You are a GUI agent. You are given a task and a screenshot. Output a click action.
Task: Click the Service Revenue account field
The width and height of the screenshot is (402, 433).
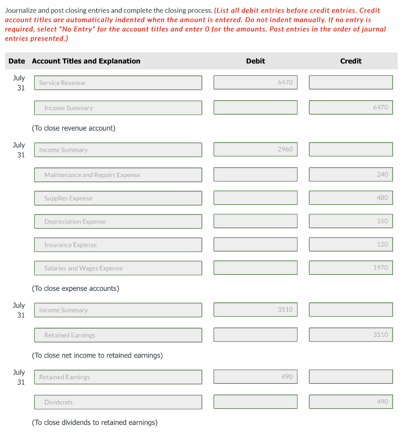(118, 83)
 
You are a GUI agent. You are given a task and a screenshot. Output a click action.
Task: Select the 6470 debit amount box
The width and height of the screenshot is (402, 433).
(255, 82)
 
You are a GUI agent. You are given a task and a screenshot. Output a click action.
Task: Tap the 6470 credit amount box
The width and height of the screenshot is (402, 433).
(350, 107)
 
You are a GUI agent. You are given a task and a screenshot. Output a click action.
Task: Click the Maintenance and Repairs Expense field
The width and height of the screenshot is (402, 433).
(118, 175)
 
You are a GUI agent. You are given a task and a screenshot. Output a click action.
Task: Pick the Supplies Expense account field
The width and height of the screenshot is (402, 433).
(118, 198)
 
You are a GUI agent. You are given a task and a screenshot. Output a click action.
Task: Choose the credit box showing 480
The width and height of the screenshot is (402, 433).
(350, 198)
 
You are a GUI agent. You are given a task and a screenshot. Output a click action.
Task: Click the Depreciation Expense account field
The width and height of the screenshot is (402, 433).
(118, 222)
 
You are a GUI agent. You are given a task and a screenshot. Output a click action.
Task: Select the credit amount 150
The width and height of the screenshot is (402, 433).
(350, 221)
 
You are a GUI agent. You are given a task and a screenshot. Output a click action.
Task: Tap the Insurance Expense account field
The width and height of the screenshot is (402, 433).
(118, 245)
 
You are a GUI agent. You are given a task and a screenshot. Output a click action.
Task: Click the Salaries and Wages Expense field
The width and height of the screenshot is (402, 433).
(118, 268)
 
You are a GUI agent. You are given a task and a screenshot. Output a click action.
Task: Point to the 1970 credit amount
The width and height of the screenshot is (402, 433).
(350, 268)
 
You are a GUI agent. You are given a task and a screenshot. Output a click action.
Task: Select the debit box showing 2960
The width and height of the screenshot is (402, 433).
(255, 149)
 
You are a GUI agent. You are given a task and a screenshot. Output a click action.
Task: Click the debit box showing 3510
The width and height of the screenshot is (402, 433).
(255, 310)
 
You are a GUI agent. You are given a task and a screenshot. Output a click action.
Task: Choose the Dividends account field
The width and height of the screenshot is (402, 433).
(118, 402)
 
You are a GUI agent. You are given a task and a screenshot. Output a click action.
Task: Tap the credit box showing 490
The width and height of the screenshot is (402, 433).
(350, 402)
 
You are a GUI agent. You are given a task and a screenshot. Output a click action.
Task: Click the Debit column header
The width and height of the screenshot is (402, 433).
(255, 61)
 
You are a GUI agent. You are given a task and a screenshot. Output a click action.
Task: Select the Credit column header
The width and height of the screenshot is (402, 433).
(350, 61)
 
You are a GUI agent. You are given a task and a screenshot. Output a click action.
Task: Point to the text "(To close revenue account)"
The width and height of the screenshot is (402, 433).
(74, 128)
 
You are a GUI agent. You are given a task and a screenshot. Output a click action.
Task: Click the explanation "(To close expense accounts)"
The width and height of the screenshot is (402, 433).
(76, 288)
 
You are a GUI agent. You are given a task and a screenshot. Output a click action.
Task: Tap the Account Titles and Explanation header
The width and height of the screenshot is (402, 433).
(86, 61)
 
